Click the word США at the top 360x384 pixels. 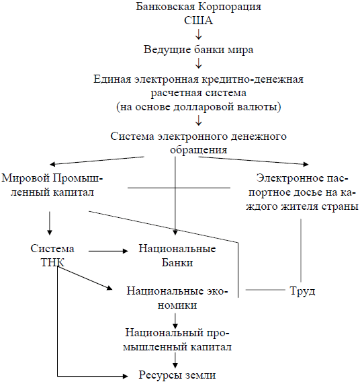tap(198, 20)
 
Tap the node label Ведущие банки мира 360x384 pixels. tap(198, 50)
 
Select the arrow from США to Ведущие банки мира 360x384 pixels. tap(199, 34)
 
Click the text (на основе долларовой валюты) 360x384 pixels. tap(199, 107)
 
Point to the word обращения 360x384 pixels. tap(198, 150)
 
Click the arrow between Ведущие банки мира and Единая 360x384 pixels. tap(199, 63)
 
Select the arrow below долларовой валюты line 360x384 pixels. tap(199, 120)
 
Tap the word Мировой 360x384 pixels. tap(26, 178)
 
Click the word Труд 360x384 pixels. tap(302, 291)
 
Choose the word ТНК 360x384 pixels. tap(52, 262)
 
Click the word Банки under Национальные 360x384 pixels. tap(177, 262)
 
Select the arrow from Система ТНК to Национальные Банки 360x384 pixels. tap(108, 251)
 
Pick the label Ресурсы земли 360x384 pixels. tap(177, 375)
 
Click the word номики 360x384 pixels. tap(177, 305)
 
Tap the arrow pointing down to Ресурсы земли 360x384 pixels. tap(175, 360)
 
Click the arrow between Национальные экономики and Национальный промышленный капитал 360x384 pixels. tap(175, 321)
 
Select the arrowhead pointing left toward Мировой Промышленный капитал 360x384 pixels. tap(52, 164)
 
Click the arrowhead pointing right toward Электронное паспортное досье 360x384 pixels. tap(306, 164)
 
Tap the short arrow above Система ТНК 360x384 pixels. tap(50, 223)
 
